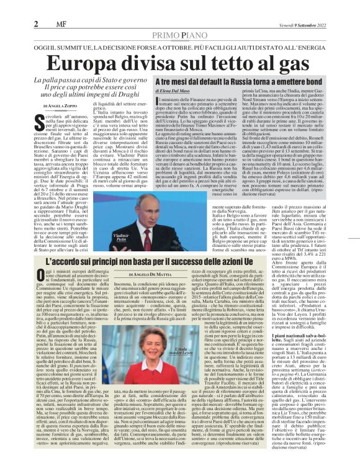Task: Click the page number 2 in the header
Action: tap(10, 7)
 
